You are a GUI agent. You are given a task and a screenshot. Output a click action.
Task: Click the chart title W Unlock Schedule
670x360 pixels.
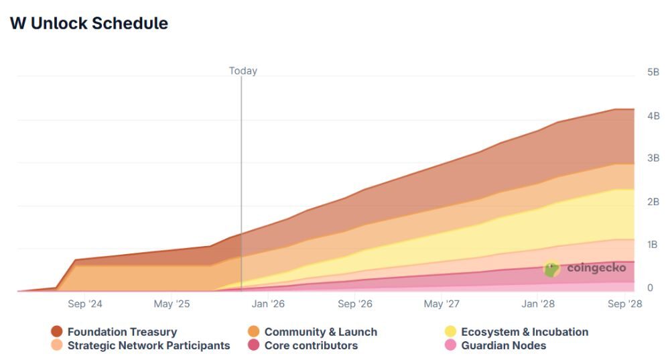(89, 23)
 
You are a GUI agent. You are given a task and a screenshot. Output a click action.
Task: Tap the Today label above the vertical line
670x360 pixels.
(243, 70)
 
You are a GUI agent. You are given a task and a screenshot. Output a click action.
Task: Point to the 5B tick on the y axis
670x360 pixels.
(653, 72)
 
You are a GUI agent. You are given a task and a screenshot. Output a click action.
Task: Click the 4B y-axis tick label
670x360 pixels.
(653, 115)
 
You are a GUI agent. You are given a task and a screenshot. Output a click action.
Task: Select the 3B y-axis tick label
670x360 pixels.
(653, 158)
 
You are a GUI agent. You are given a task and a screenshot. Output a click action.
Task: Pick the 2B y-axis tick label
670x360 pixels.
(653, 202)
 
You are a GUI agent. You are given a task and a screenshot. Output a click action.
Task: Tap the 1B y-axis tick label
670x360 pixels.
(653, 245)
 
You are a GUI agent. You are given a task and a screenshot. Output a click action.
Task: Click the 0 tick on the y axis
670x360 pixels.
(649, 288)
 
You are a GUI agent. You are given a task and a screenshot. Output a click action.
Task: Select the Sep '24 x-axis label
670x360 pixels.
(85, 304)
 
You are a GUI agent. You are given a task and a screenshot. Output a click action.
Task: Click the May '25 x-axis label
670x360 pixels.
(172, 304)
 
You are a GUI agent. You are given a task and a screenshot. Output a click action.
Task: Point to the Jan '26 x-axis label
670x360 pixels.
(268, 304)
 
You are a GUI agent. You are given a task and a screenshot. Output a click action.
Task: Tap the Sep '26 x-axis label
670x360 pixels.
(355, 304)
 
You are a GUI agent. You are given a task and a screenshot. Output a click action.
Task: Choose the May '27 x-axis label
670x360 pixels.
(442, 304)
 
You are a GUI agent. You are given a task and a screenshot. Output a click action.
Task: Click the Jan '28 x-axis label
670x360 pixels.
(538, 304)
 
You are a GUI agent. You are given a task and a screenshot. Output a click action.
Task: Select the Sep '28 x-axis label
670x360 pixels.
(625, 304)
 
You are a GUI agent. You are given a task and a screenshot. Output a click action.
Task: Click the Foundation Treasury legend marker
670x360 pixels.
(57, 332)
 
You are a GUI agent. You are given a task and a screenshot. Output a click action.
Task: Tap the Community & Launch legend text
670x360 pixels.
(320, 332)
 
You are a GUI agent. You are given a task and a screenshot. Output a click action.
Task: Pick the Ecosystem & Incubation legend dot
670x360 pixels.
(450, 332)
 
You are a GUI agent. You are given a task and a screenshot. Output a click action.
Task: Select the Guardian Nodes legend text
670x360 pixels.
(503, 346)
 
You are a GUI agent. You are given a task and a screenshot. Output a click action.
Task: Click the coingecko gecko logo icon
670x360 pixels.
(551, 269)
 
